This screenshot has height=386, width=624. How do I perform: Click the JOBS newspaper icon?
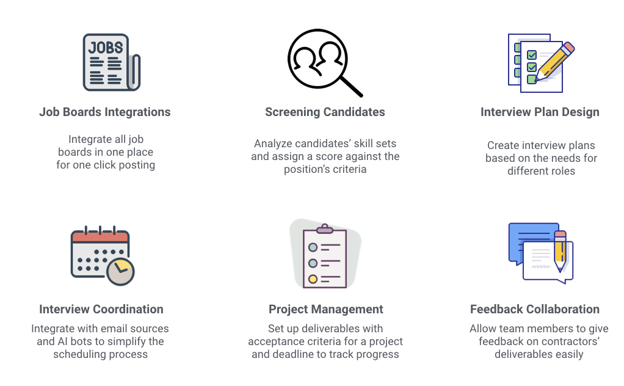pos(111,62)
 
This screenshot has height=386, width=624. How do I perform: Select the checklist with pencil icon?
pos(541,63)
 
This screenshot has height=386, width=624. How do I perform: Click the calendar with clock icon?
pos(103,255)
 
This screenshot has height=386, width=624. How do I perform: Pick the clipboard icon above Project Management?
pos(325,255)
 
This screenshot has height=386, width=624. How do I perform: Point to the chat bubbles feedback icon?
pos(541,253)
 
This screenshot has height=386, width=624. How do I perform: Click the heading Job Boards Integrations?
pos(104,112)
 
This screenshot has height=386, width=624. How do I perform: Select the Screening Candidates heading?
pos(325,112)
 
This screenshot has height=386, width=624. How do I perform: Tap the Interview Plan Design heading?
pos(540,112)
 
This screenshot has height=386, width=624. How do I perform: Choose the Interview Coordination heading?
pos(101,309)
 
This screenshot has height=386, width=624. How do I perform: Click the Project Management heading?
pos(326,309)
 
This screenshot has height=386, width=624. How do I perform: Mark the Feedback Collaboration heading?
pos(535,309)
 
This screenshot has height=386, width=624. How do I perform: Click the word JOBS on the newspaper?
pos(106,48)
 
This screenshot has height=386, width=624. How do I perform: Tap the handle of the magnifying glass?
pos(352,86)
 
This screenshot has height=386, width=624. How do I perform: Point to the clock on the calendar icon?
pos(120,272)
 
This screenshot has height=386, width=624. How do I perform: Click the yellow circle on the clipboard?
pos(313,279)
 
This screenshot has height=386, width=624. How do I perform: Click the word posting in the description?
pos(137,165)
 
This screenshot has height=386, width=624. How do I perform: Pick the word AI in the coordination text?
pos(62,341)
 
